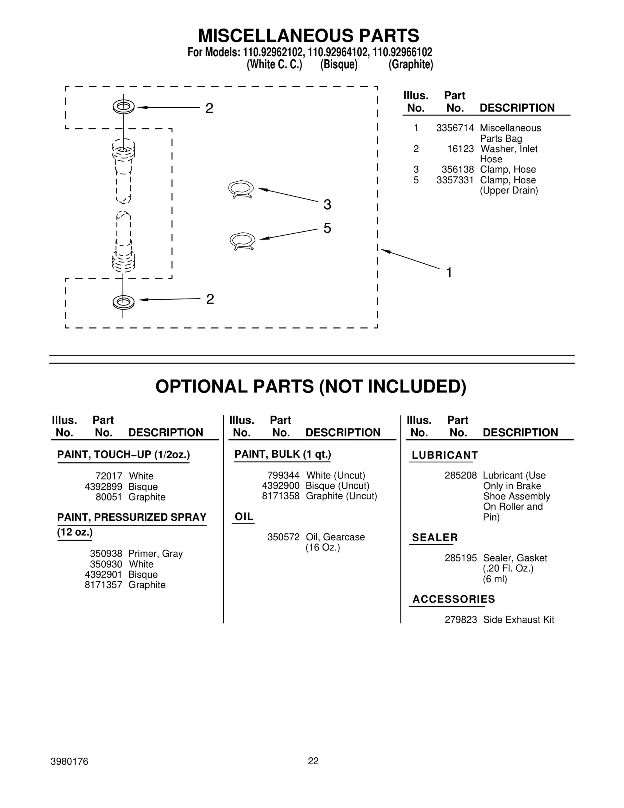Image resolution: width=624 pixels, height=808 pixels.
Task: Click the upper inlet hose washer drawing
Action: pos(123,107)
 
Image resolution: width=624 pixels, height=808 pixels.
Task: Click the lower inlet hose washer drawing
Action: pos(123,302)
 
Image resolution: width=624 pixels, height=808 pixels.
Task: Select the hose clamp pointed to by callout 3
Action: pos(241,190)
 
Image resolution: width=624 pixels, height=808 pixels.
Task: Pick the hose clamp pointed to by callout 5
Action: pos(243,241)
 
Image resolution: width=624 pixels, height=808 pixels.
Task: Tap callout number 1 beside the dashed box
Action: pos(449,273)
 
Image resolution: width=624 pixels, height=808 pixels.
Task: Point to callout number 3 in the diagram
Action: pos(327,204)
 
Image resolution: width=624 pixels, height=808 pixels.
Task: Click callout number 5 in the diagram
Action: pos(327,228)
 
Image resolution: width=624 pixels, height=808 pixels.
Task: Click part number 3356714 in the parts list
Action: pos(455,128)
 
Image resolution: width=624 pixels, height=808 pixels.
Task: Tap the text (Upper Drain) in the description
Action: pos(509,190)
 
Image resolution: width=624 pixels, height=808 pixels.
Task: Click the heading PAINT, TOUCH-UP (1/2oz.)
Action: pos(123,455)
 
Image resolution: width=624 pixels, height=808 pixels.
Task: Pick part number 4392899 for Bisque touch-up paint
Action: pos(103,487)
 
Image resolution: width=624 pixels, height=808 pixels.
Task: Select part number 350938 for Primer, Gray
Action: pos(106,554)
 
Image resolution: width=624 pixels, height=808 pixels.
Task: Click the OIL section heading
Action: pos(244,517)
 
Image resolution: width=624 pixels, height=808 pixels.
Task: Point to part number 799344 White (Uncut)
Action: pos(283,475)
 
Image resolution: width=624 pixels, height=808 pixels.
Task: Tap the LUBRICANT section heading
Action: pos(445,455)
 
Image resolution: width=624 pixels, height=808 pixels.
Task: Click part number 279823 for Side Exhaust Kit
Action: pos(461,620)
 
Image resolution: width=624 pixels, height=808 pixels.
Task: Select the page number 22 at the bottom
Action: pos(313,761)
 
